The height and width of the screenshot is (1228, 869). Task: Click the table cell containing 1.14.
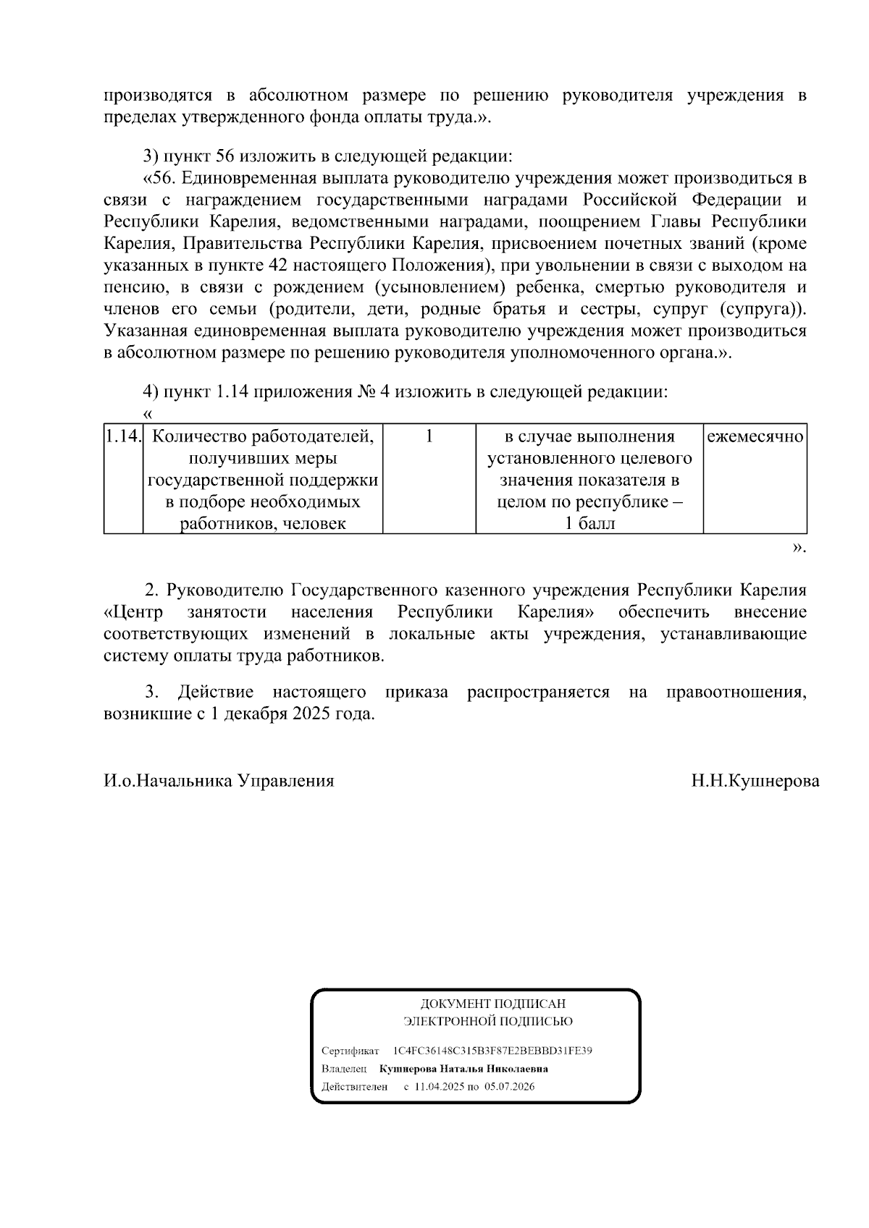point(122,437)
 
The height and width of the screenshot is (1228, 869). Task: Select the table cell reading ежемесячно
point(755,437)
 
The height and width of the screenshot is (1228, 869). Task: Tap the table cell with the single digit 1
point(429,437)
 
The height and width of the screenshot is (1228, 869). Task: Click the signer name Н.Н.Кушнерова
point(755,781)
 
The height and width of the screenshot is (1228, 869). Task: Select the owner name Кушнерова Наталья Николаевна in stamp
point(463,1069)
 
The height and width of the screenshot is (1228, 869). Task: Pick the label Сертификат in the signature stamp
point(350,1051)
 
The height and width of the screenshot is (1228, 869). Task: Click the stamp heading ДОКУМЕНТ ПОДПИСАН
point(492,1004)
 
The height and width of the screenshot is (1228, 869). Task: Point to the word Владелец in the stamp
point(344,1069)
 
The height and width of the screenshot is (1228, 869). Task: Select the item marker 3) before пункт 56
point(150,156)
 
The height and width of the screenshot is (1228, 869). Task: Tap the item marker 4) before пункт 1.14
point(150,392)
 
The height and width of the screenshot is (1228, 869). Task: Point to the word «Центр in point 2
point(133,612)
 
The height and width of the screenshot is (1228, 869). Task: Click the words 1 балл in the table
point(589,524)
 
